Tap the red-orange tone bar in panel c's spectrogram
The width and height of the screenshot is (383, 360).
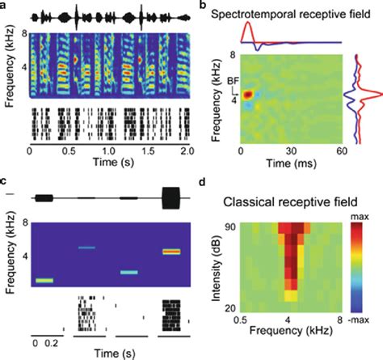(170, 252)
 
